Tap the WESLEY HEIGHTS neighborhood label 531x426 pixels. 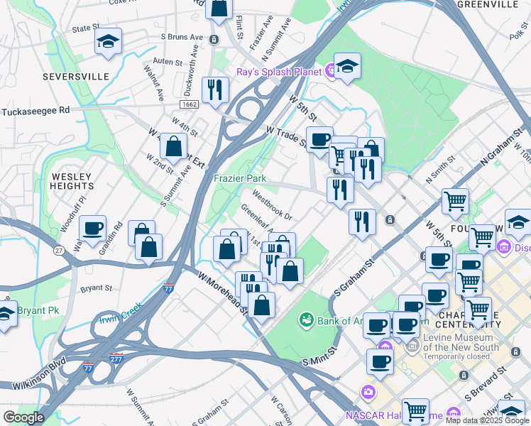coord(72,180)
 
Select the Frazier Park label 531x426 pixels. coord(240,179)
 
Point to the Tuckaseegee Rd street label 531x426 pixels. coord(35,111)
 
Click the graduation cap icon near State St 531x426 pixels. coord(108,42)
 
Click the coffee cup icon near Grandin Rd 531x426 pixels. coord(92,228)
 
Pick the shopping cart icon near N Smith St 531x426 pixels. coord(455,200)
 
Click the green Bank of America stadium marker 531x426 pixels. coord(307,320)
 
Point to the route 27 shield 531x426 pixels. coord(59,251)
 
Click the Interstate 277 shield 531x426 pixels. coord(116,359)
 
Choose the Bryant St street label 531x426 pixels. coord(97,289)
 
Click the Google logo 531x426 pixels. coord(23,417)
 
